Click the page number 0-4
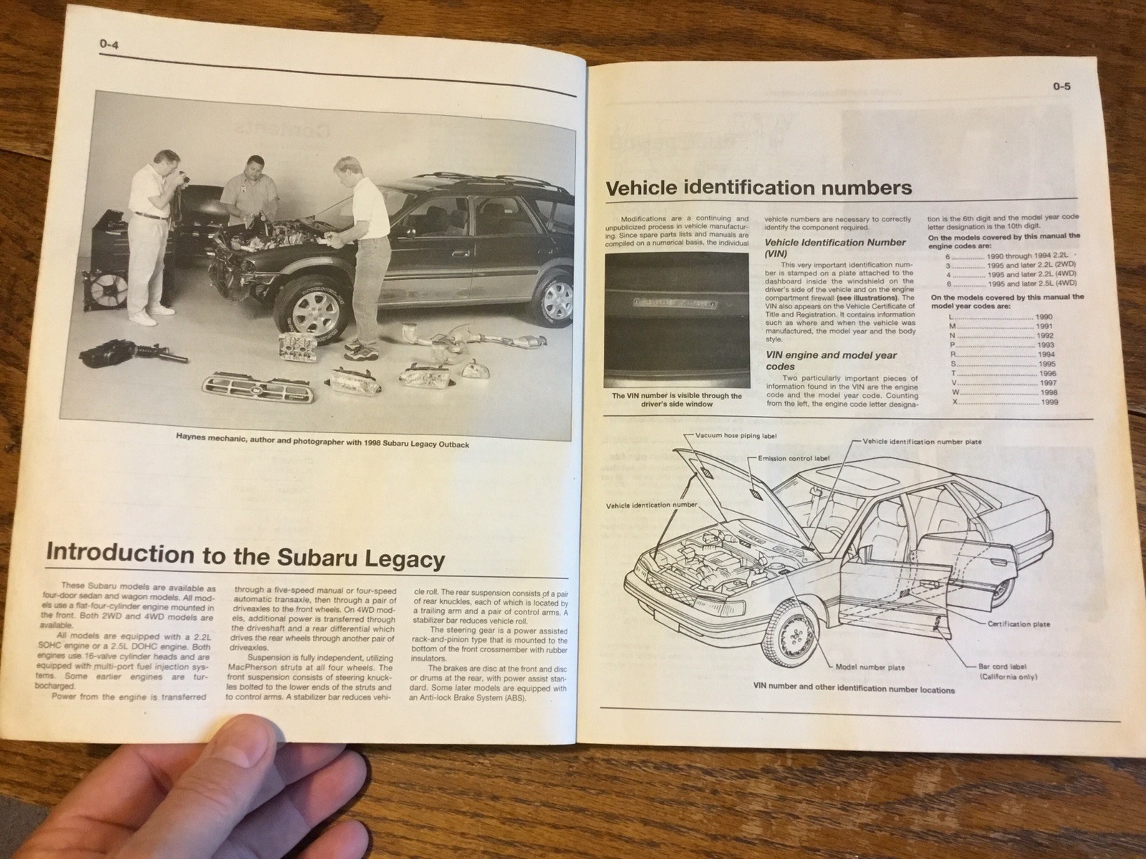click(110, 46)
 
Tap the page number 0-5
click(1061, 88)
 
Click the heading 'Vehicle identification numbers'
click(759, 188)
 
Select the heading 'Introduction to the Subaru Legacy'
click(245, 557)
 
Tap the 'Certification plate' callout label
click(1019, 624)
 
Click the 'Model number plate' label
click(870, 667)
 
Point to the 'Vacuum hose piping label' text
click(736, 435)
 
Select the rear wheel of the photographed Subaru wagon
click(550, 295)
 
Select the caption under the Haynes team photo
click(322, 444)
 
